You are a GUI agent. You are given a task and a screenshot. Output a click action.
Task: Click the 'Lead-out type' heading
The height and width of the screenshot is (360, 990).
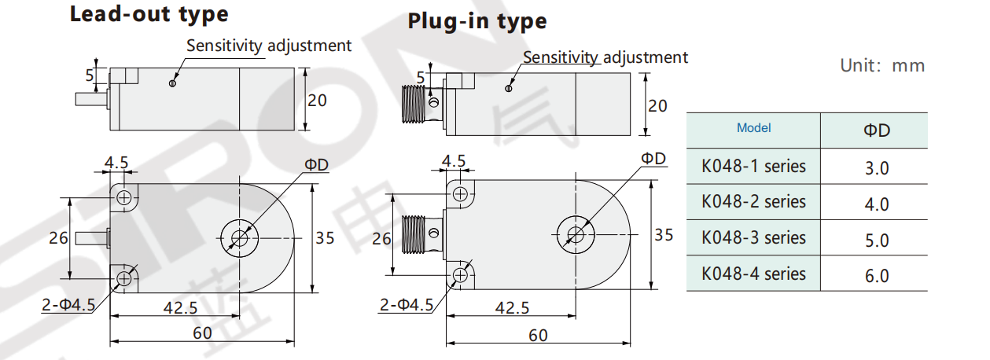(149, 14)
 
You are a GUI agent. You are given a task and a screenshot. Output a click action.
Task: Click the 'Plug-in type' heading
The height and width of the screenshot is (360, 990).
(477, 21)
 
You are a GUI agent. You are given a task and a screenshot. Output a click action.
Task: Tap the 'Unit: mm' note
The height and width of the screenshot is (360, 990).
(882, 65)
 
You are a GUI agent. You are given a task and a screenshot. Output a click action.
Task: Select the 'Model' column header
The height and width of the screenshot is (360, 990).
(753, 128)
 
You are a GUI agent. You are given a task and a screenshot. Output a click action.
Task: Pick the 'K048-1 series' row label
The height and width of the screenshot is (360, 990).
(753, 166)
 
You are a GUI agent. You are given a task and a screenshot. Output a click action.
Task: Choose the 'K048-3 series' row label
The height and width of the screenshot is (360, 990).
(753, 237)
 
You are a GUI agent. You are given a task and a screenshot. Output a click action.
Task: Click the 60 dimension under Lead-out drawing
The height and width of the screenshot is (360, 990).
(202, 332)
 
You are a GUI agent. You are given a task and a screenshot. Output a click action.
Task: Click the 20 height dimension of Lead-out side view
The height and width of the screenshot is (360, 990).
(317, 101)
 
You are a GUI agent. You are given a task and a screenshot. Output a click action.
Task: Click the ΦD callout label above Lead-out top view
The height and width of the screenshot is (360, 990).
(317, 163)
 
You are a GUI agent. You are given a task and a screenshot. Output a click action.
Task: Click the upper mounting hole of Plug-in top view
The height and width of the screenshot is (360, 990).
(460, 193)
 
